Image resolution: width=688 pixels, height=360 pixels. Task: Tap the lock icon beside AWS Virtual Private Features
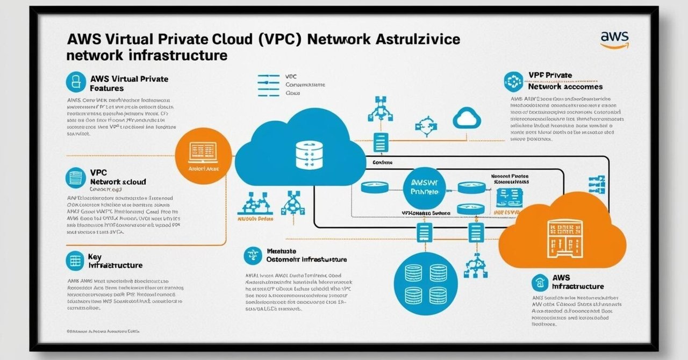click(x=76, y=82)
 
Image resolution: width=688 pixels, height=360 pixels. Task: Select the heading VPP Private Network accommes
click(x=565, y=81)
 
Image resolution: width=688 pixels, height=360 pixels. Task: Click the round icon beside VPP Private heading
click(x=513, y=82)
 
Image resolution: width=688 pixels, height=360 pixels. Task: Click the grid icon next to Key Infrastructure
click(x=75, y=261)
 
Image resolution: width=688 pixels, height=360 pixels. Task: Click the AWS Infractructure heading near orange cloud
click(x=578, y=282)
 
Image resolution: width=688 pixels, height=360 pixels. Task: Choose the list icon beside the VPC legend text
click(x=269, y=85)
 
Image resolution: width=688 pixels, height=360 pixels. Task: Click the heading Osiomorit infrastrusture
click(x=306, y=255)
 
